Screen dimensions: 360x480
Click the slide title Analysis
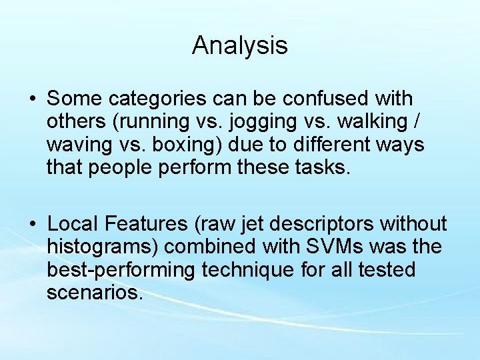240,46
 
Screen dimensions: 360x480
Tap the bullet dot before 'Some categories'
33,99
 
